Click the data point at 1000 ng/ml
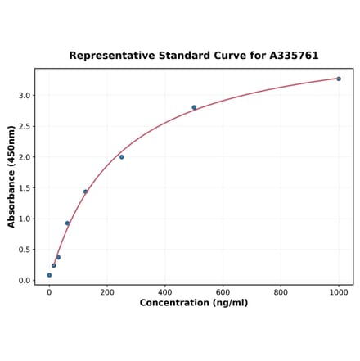point(339,79)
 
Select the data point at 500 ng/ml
point(194,107)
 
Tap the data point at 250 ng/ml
point(121,156)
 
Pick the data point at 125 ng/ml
point(85,192)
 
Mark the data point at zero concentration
point(49,275)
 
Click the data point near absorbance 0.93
point(67,223)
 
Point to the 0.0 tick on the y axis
point(25,281)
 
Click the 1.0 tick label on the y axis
point(25,219)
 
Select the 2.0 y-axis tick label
point(25,157)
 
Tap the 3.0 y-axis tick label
point(25,96)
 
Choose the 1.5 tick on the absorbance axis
point(25,188)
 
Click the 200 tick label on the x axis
point(107,292)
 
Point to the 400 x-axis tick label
point(165,292)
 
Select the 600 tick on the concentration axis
point(223,292)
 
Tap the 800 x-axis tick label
point(281,292)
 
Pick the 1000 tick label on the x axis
point(339,292)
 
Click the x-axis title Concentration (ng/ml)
point(194,304)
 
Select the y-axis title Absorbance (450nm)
point(11,176)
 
